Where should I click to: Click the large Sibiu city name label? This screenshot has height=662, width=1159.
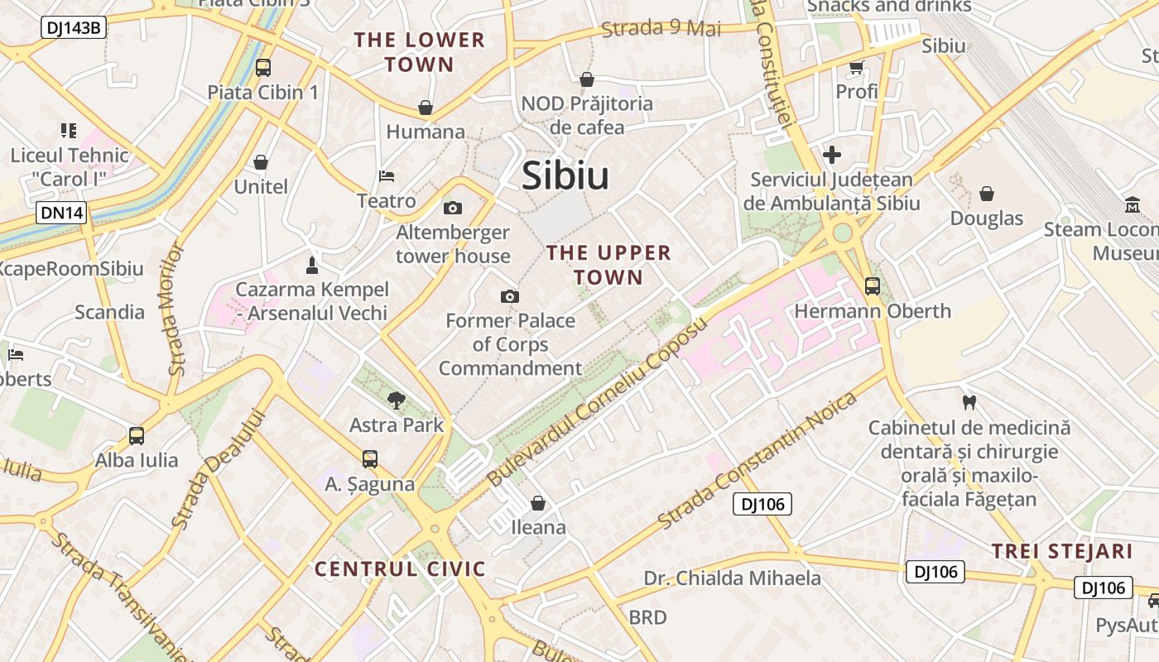click(x=565, y=176)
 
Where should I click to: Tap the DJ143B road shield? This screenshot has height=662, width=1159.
click(x=74, y=28)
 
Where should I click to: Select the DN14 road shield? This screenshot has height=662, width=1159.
click(x=61, y=213)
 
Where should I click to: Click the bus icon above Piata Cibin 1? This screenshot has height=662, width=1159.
click(x=262, y=68)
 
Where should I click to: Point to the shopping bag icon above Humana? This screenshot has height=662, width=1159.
click(x=426, y=108)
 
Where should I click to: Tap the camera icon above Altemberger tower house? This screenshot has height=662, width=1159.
click(x=453, y=208)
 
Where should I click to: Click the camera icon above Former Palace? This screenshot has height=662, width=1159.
click(x=510, y=296)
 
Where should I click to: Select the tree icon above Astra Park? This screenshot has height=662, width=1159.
click(x=397, y=401)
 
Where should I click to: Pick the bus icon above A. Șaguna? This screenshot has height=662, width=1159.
click(x=370, y=458)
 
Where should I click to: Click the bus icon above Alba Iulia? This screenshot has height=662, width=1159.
click(x=137, y=435)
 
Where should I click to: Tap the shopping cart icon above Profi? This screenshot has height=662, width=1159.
click(x=856, y=67)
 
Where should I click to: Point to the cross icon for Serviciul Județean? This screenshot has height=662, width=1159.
click(x=832, y=155)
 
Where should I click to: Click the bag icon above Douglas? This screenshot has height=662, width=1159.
click(x=986, y=194)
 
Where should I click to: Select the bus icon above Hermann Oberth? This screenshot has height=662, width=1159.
click(x=873, y=286)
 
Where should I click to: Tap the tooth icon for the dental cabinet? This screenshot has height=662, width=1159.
click(x=969, y=403)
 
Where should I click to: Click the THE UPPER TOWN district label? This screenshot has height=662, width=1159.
click(x=608, y=265)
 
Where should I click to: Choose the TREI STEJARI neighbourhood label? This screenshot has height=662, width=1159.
click(x=1061, y=551)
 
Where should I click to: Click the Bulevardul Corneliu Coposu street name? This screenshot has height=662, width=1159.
click(x=598, y=402)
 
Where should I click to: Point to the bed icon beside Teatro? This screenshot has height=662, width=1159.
click(x=387, y=175)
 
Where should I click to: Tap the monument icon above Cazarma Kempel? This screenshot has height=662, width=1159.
click(x=312, y=265)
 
